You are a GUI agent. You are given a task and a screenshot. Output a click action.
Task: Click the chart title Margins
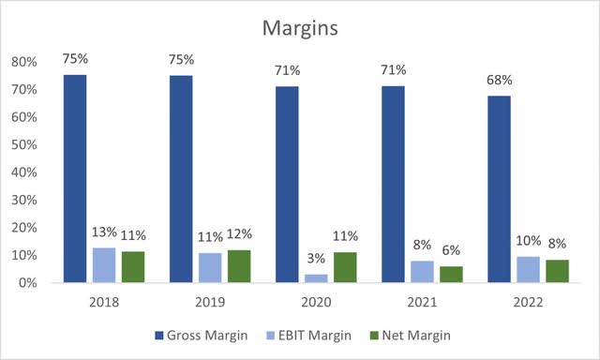(299, 29)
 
